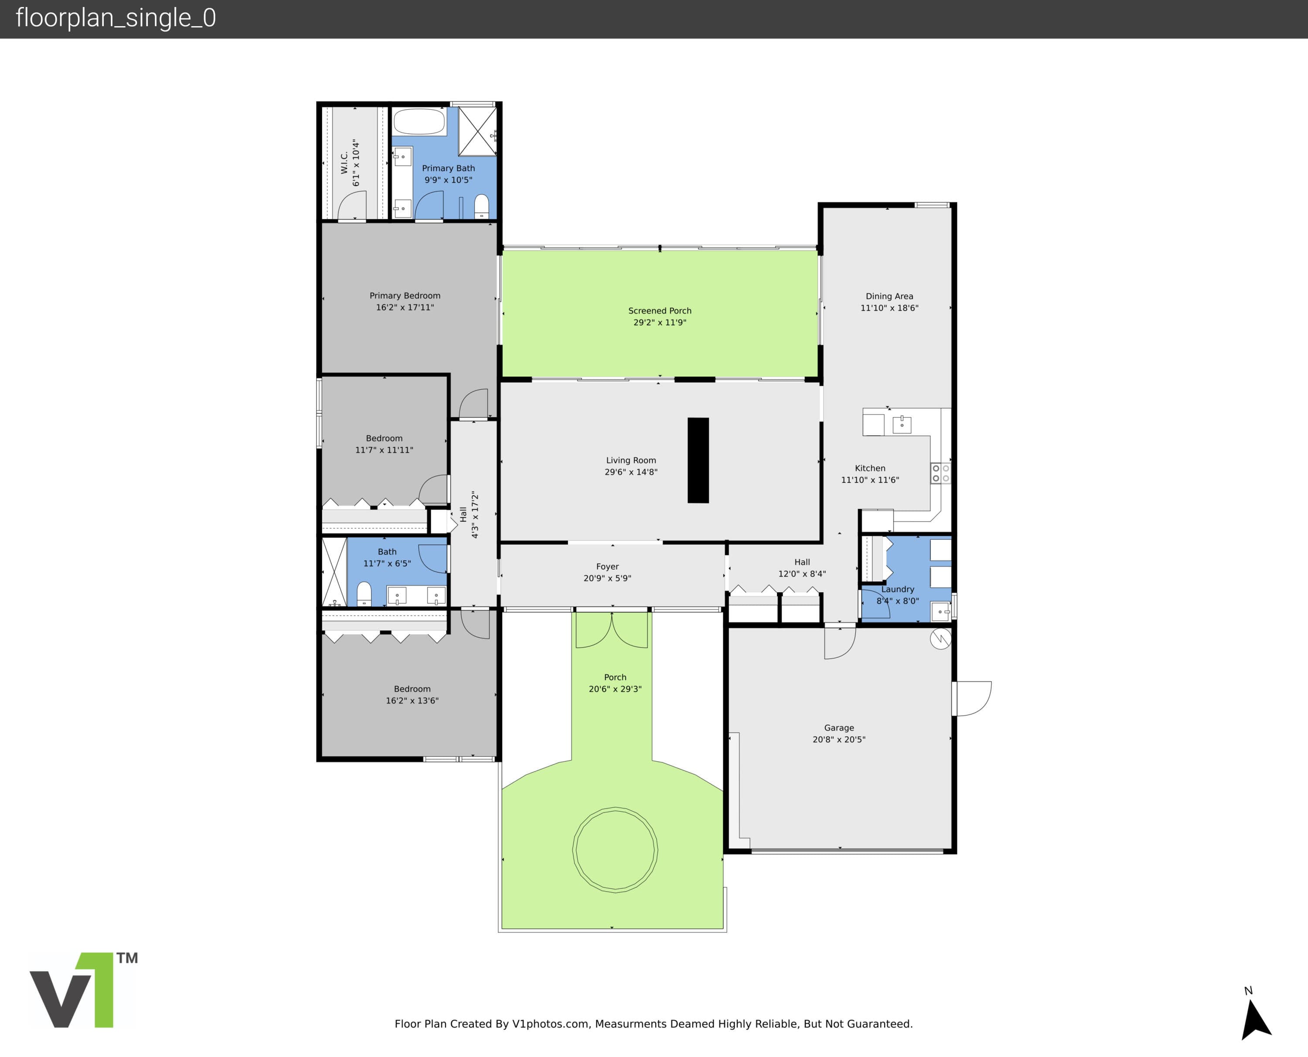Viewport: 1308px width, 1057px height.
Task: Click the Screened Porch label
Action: pos(660,310)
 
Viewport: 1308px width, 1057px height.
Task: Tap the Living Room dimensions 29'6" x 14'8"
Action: pos(631,472)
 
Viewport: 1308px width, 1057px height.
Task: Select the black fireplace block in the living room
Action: pos(698,460)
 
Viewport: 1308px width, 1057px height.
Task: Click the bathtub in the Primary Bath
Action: pos(419,122)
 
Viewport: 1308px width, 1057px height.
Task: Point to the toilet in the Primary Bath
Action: pos(481,207)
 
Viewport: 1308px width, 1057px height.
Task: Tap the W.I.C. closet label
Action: pos(344,163)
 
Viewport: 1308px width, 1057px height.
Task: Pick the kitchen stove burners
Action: pos(941,473)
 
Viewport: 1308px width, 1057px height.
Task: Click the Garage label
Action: pos(839,727)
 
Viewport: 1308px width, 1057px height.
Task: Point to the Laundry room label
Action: pos(898,589)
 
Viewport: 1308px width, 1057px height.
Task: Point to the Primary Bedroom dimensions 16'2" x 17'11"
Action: pos(405,307)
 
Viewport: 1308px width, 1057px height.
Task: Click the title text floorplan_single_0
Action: pos(116,18)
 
